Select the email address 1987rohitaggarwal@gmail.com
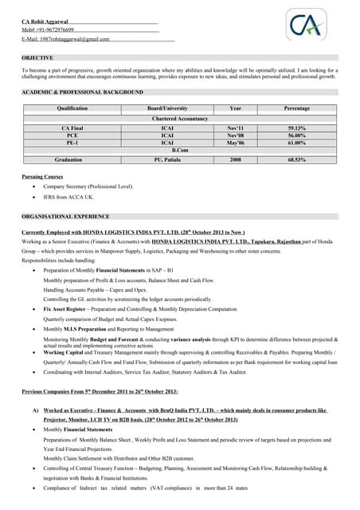65,39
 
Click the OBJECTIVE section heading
37,58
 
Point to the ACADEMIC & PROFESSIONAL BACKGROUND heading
83,92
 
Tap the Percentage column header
296,108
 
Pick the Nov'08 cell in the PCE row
235,135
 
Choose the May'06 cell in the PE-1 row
235,143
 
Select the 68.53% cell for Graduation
296,160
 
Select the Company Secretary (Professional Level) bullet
87,186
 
